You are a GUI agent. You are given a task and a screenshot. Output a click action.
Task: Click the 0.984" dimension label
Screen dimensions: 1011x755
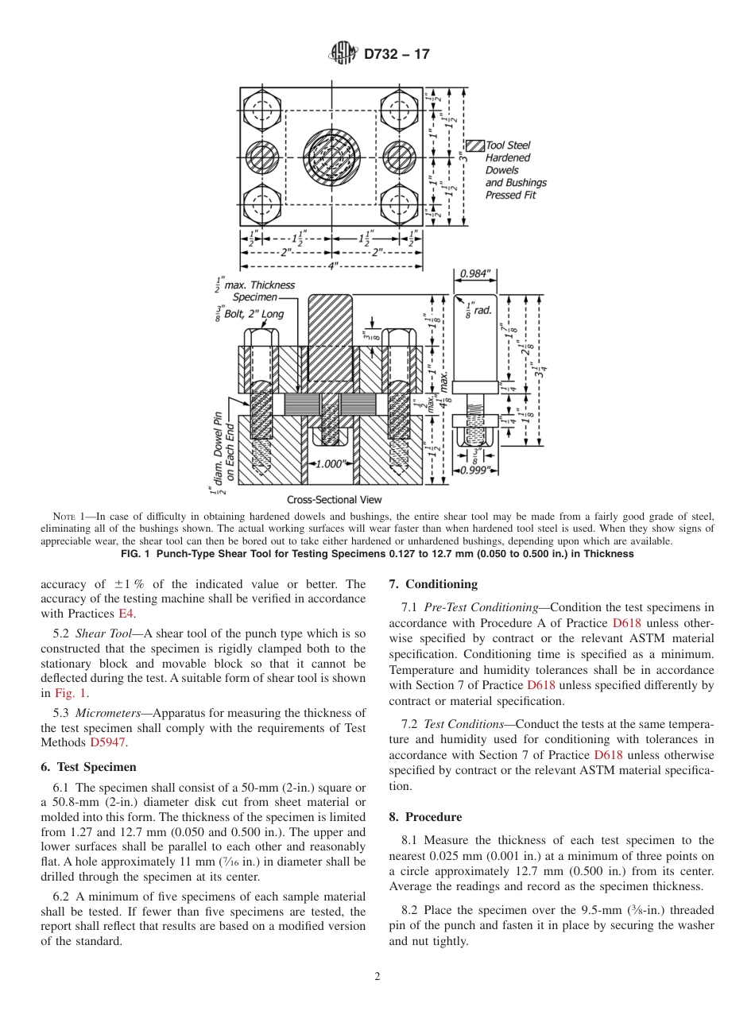point(476,274)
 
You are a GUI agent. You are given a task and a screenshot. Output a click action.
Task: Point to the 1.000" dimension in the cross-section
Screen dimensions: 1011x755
point(331,463)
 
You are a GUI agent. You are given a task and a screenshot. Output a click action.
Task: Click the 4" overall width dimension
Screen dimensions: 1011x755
point(332,265)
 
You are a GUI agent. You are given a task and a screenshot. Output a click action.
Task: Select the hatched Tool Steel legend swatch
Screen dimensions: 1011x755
point(474,145)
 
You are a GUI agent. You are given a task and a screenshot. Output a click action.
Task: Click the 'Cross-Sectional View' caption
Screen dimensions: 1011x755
point(334,500)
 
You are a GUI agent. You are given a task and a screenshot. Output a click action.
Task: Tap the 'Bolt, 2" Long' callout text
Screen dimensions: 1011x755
point(254,314)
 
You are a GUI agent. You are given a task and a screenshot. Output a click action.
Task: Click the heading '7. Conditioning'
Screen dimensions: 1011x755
point(433,584)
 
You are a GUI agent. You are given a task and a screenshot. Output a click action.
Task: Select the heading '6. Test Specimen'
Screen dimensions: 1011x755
point(88,767)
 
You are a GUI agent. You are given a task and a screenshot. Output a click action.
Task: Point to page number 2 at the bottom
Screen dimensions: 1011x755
point(377,977)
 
